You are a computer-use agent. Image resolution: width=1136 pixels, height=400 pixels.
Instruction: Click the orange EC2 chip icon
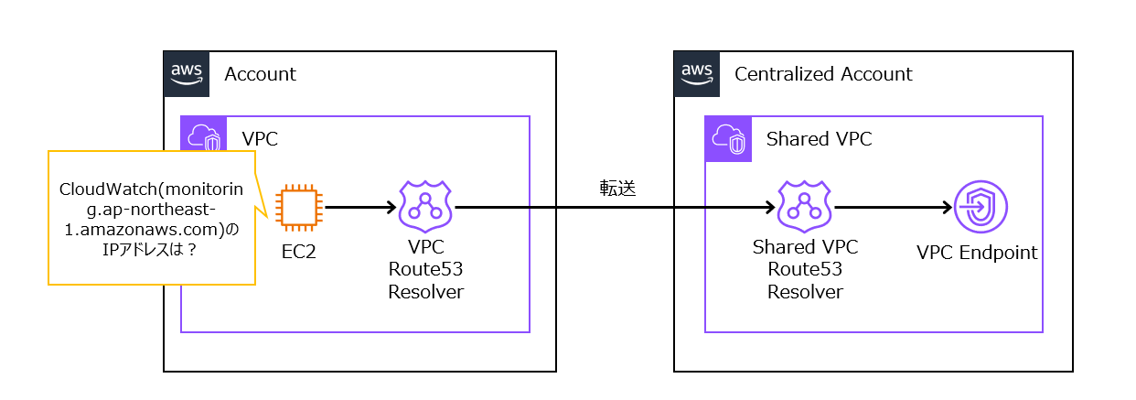point(299,207)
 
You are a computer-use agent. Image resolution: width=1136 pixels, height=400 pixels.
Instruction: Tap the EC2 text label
point(299,252)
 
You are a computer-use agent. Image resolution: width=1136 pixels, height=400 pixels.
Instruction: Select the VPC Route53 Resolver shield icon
point(425,206)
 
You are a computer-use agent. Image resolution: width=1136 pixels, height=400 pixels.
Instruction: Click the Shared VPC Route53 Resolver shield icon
point(804,206)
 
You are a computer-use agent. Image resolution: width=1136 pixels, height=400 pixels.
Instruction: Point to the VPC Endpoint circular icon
point(981,207)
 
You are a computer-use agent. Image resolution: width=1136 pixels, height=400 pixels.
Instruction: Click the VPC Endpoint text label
point(977,253)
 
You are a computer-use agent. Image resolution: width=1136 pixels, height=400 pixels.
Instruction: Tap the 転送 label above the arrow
point(617,189)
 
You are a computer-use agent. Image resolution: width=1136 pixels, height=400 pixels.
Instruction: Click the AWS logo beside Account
point(187,73)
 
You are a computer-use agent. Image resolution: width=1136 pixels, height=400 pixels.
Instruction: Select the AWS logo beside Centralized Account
point(697,73)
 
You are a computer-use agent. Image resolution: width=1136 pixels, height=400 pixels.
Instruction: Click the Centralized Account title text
point(823,74)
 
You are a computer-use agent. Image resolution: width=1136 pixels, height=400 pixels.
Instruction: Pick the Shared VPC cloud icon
point(728,139)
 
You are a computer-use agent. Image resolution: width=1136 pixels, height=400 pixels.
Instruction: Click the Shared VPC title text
point(819,139)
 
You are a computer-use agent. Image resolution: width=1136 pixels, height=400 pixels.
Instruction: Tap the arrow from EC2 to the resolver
point(360,207)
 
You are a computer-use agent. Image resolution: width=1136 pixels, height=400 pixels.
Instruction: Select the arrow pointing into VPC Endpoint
point(894,207)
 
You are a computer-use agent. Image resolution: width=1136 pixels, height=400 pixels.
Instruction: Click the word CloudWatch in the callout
point(109,189)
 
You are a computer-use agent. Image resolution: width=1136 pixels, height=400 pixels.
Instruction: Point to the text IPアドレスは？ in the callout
point(150,250)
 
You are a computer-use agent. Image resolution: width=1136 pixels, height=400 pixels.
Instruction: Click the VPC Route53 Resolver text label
point(425,269)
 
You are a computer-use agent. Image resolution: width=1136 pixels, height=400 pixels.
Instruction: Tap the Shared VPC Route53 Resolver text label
point(805,269)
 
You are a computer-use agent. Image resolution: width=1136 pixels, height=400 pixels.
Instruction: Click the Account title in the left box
point(260,74)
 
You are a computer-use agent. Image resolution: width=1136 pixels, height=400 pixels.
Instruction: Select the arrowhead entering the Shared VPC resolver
point(770,207)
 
